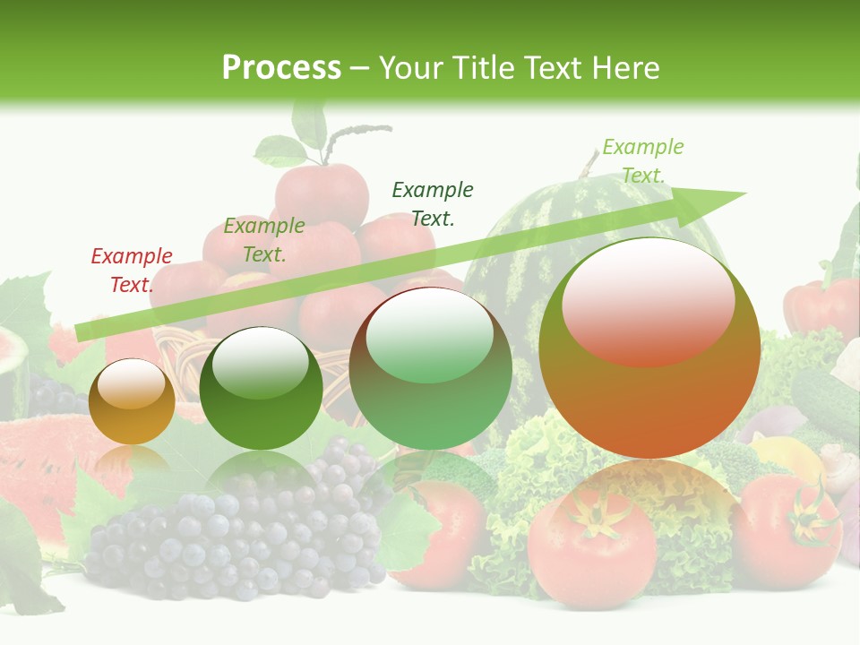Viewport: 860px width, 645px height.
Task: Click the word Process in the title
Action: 281,68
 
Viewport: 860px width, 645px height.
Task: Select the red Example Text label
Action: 132,271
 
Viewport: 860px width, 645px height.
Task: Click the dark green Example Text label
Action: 433,203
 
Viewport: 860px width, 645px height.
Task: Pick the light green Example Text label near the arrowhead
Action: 642,161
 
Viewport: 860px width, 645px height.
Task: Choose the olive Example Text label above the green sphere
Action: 264,240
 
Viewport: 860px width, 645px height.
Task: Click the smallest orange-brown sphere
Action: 132,402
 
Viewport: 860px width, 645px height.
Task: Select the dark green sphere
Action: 261,389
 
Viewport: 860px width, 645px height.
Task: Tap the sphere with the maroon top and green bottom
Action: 430,368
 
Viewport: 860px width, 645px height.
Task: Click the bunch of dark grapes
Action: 242,529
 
